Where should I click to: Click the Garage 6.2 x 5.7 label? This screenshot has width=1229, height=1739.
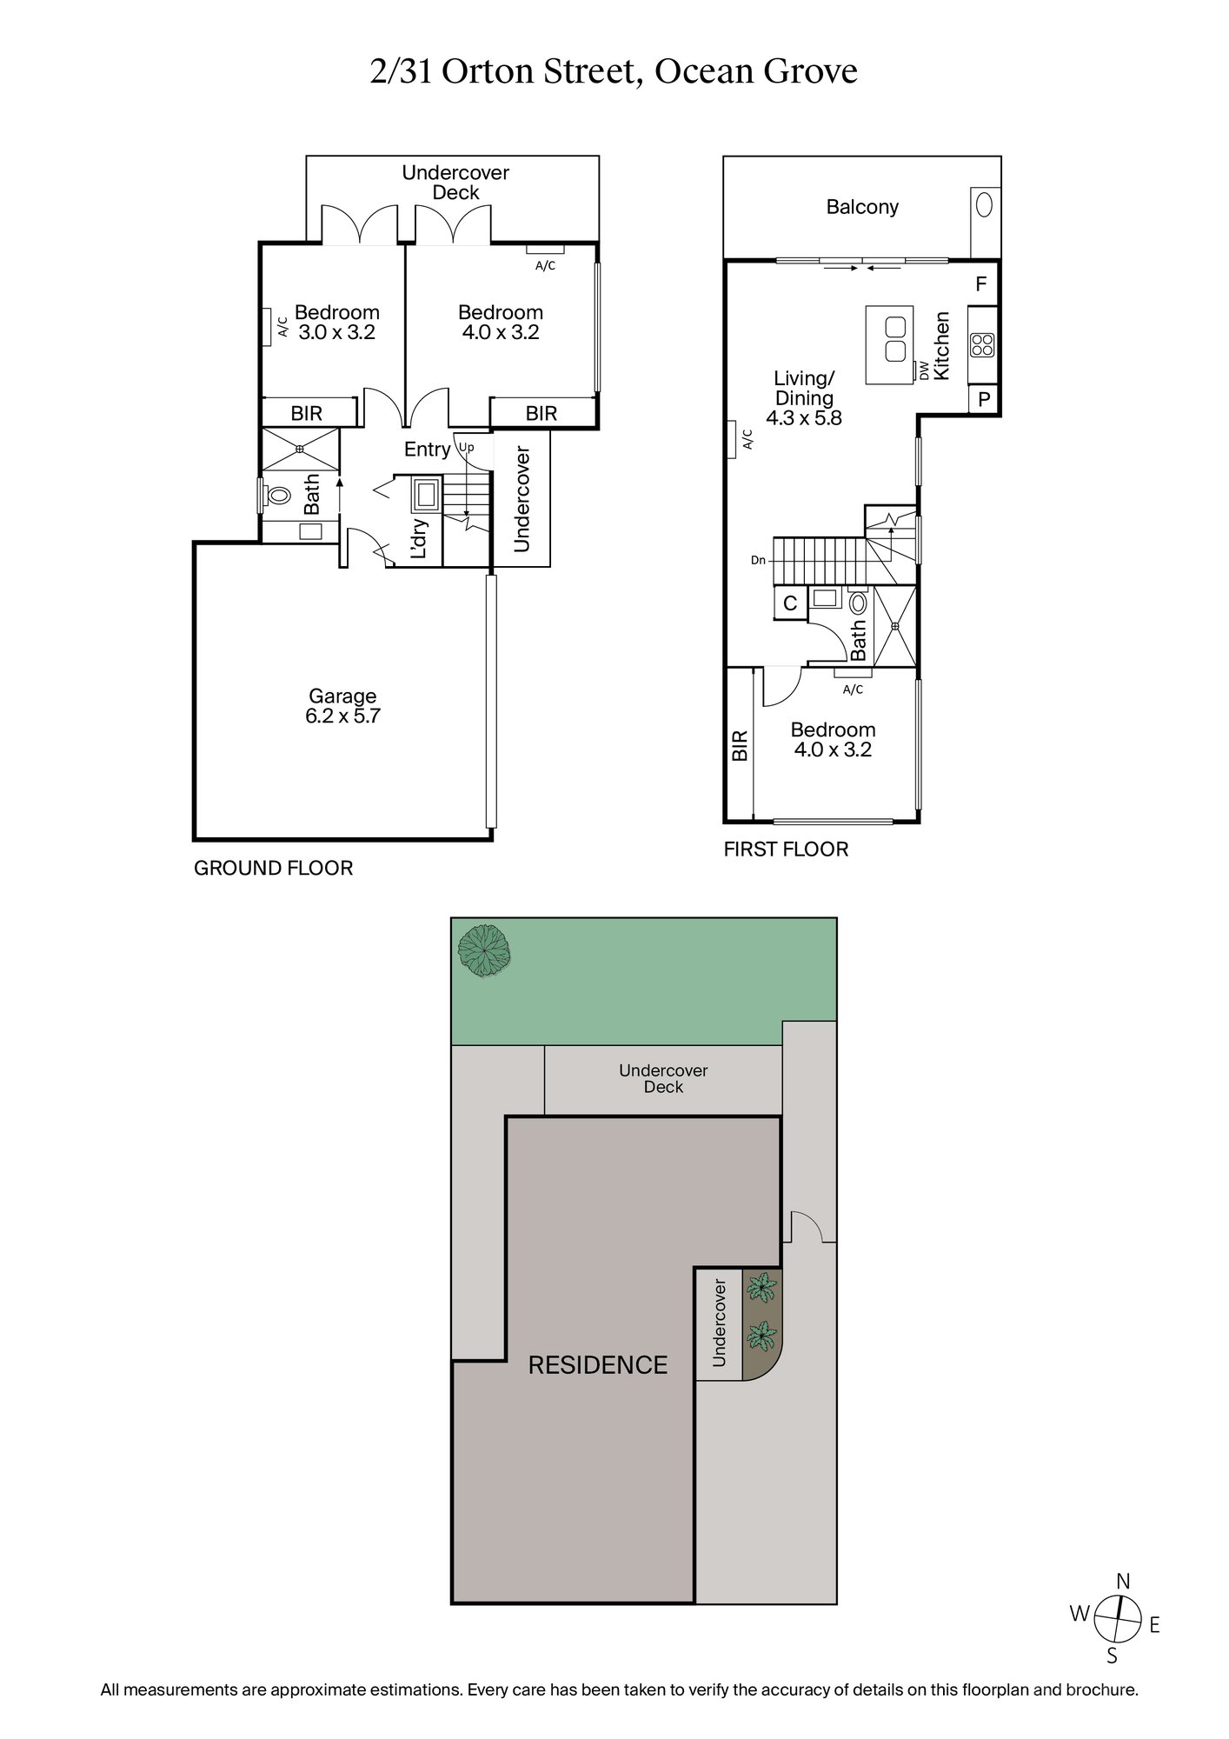342,706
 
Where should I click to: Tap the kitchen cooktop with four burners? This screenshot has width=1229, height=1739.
983,345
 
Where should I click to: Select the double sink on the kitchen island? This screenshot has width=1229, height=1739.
894,339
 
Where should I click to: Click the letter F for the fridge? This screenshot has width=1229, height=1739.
981,284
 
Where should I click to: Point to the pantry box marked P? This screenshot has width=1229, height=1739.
984,399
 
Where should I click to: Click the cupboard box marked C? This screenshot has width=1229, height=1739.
790,603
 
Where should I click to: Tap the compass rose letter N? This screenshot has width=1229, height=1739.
1123,1581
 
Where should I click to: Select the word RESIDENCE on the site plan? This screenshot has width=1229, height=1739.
598,1365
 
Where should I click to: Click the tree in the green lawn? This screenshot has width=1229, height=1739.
485,949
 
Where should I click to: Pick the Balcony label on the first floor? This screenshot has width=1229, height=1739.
862,207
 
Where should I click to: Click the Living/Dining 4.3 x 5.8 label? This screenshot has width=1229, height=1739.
804,397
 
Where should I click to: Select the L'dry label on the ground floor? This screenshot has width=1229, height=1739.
420,538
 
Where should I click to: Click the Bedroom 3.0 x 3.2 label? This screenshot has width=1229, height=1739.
336,322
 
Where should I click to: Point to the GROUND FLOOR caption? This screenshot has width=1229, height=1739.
273,868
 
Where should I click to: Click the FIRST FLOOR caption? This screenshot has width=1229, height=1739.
786,850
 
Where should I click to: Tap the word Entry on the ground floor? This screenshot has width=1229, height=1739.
427,450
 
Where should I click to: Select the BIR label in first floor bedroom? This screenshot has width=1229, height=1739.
740,745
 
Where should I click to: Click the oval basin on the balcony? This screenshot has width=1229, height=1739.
985,204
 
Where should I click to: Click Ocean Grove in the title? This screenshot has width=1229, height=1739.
755,71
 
